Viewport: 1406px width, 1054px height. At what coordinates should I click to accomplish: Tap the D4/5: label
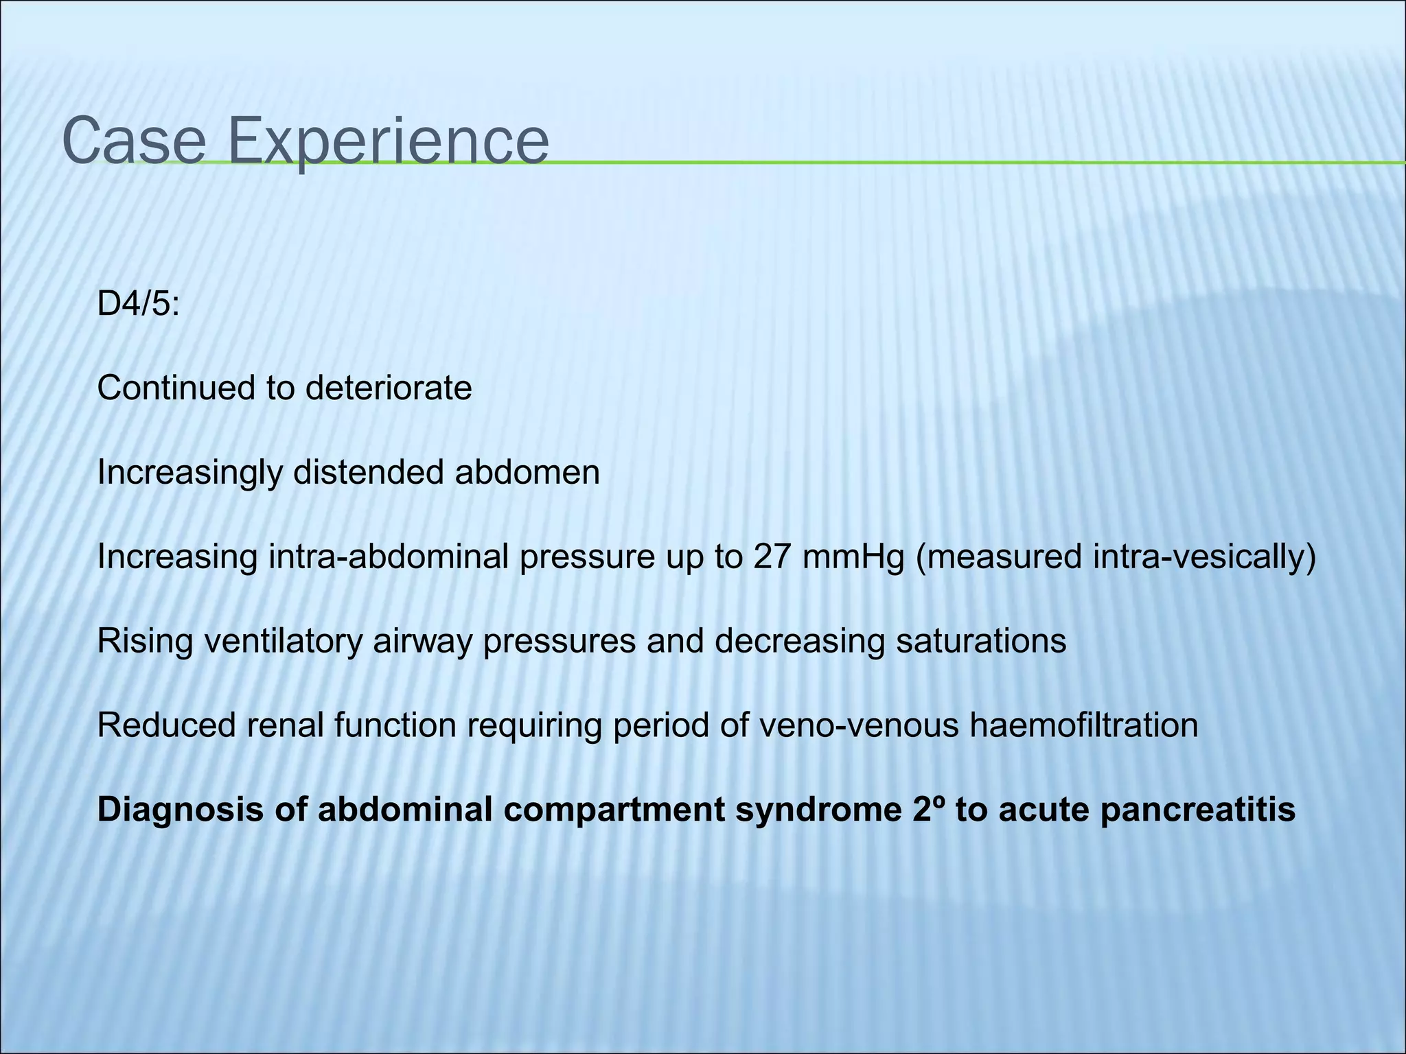pos(138,304)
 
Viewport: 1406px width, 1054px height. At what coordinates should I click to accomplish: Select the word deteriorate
pos(389,388)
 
